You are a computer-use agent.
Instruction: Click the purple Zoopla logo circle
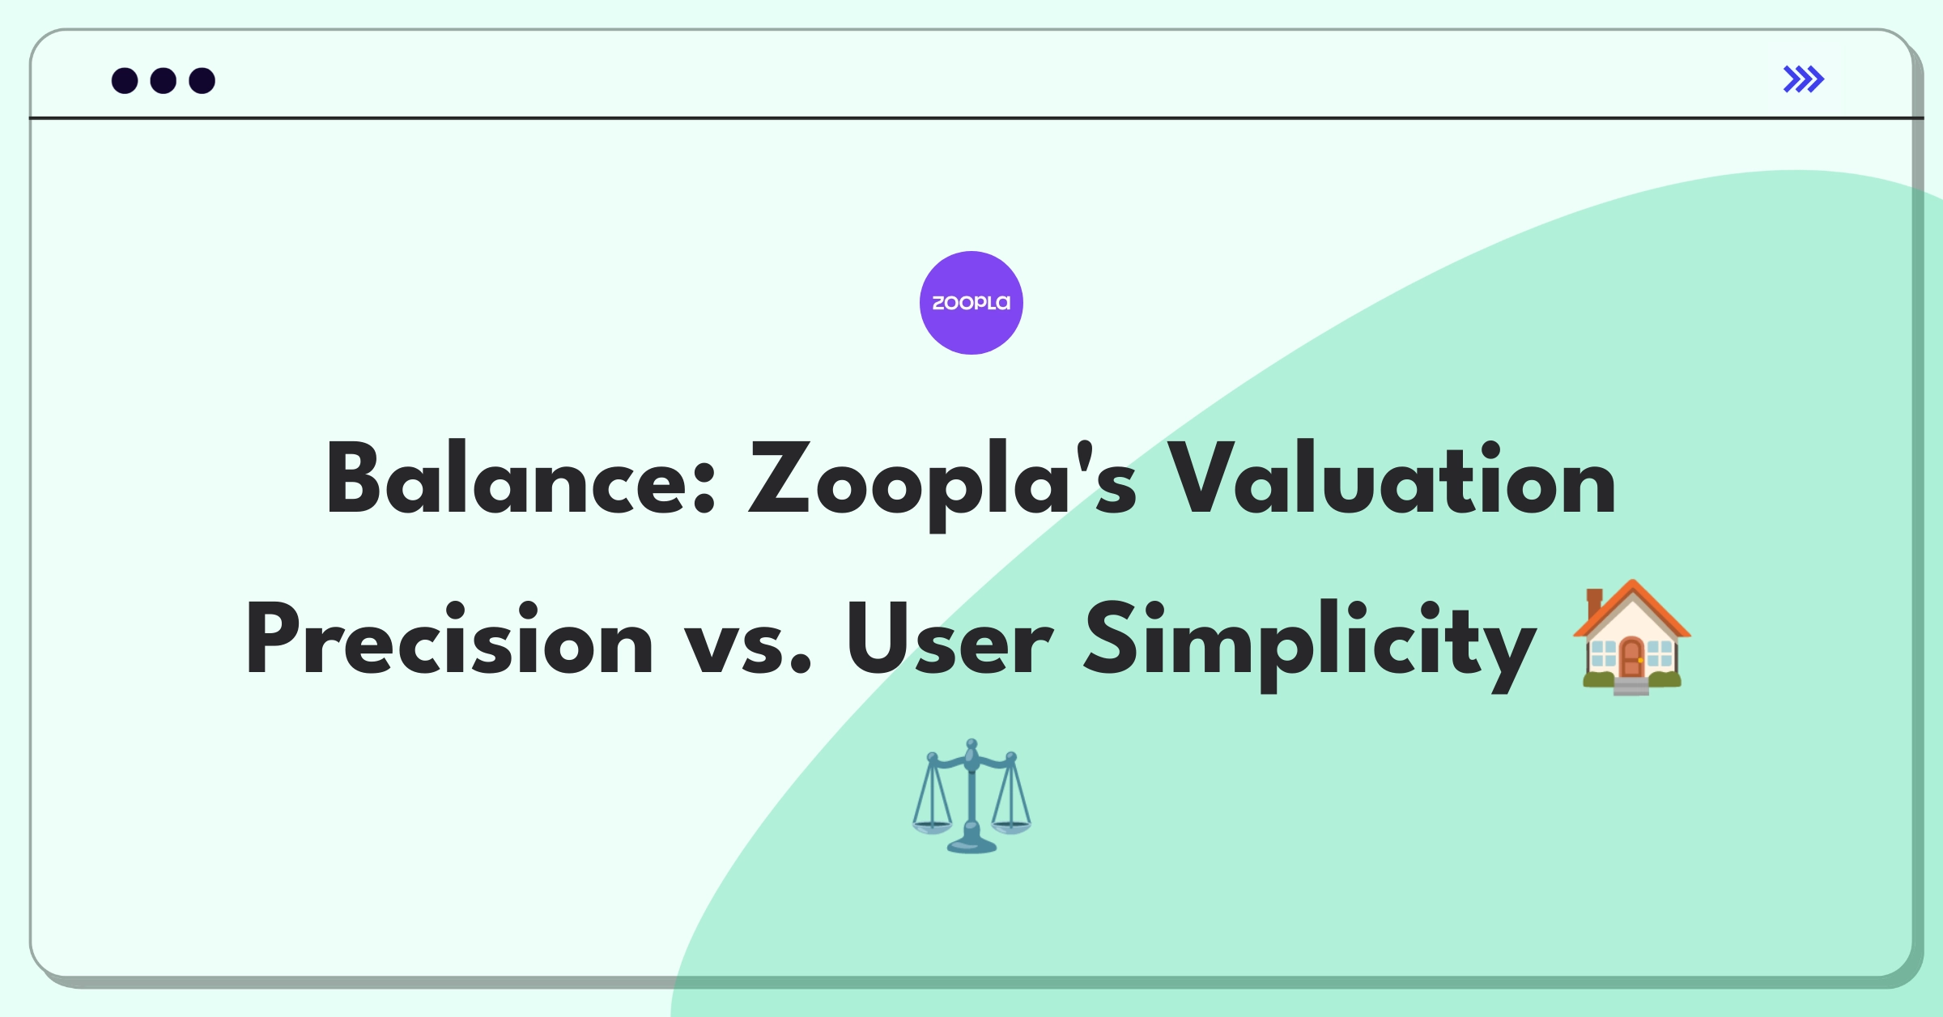pos(971,303)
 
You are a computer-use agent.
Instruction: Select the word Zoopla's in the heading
pos(944,485)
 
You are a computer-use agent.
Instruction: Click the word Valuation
pos(1391,479)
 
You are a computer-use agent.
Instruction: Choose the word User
pos(949,638)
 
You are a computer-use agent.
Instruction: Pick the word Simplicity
pos(1310,645)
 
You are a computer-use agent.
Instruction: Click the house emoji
pos(1631,637)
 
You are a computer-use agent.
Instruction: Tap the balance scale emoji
pos(971,796)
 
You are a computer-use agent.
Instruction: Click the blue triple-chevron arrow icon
pos(1804,79)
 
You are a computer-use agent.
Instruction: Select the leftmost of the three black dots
pos(125,81)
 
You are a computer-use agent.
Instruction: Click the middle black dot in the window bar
pos(164,81)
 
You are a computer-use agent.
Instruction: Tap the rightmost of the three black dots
pos(202,81)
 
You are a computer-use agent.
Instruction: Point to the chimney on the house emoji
pos(1595,602)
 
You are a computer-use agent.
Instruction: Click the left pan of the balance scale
pos(932,828)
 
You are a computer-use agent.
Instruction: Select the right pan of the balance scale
pos(1011,828)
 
